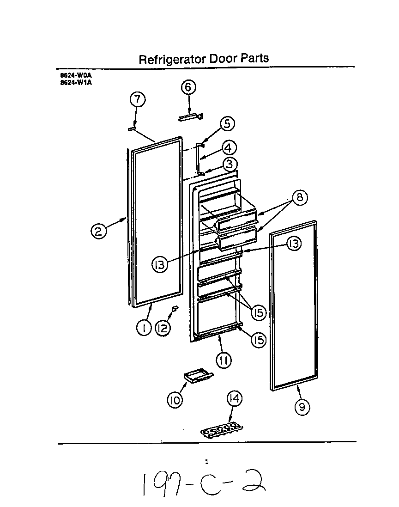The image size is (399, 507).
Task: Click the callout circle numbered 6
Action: (188, 87)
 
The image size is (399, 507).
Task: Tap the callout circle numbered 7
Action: (137, 99)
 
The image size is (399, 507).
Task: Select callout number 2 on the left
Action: (98, 230)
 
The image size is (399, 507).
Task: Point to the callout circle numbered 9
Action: (302, 406)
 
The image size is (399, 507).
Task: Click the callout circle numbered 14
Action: (235, 398)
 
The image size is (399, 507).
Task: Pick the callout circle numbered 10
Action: (175, 400)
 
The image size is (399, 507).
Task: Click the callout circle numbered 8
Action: (299, 197)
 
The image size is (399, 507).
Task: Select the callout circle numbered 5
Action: (226, 123)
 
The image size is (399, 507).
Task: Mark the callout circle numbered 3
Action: (230, 164)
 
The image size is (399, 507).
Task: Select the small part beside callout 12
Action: (175, 308)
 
